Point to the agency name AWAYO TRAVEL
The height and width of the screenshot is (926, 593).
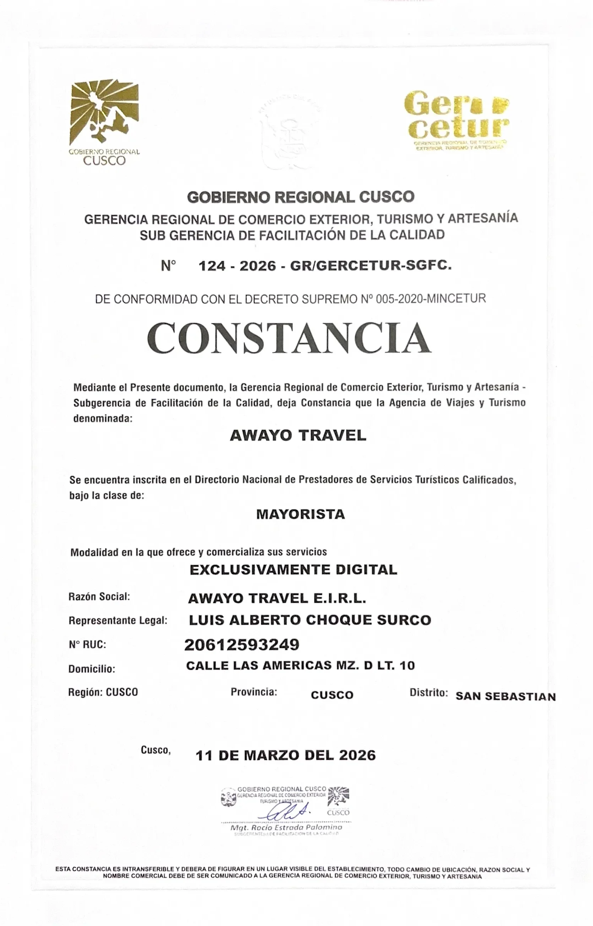(298, 436)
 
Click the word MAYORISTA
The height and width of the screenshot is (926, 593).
(301, 514)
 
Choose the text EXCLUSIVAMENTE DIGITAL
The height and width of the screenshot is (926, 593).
(293, 570)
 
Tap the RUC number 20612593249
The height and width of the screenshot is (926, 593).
(242, 644)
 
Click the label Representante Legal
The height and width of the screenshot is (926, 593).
(118, 621)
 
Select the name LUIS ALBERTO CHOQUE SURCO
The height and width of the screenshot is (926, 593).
(309, 620)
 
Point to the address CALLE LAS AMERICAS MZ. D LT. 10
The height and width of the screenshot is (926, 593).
(300, 666)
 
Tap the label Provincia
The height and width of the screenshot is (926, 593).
(254, 692)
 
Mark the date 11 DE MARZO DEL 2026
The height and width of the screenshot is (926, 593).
(286, 755)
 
